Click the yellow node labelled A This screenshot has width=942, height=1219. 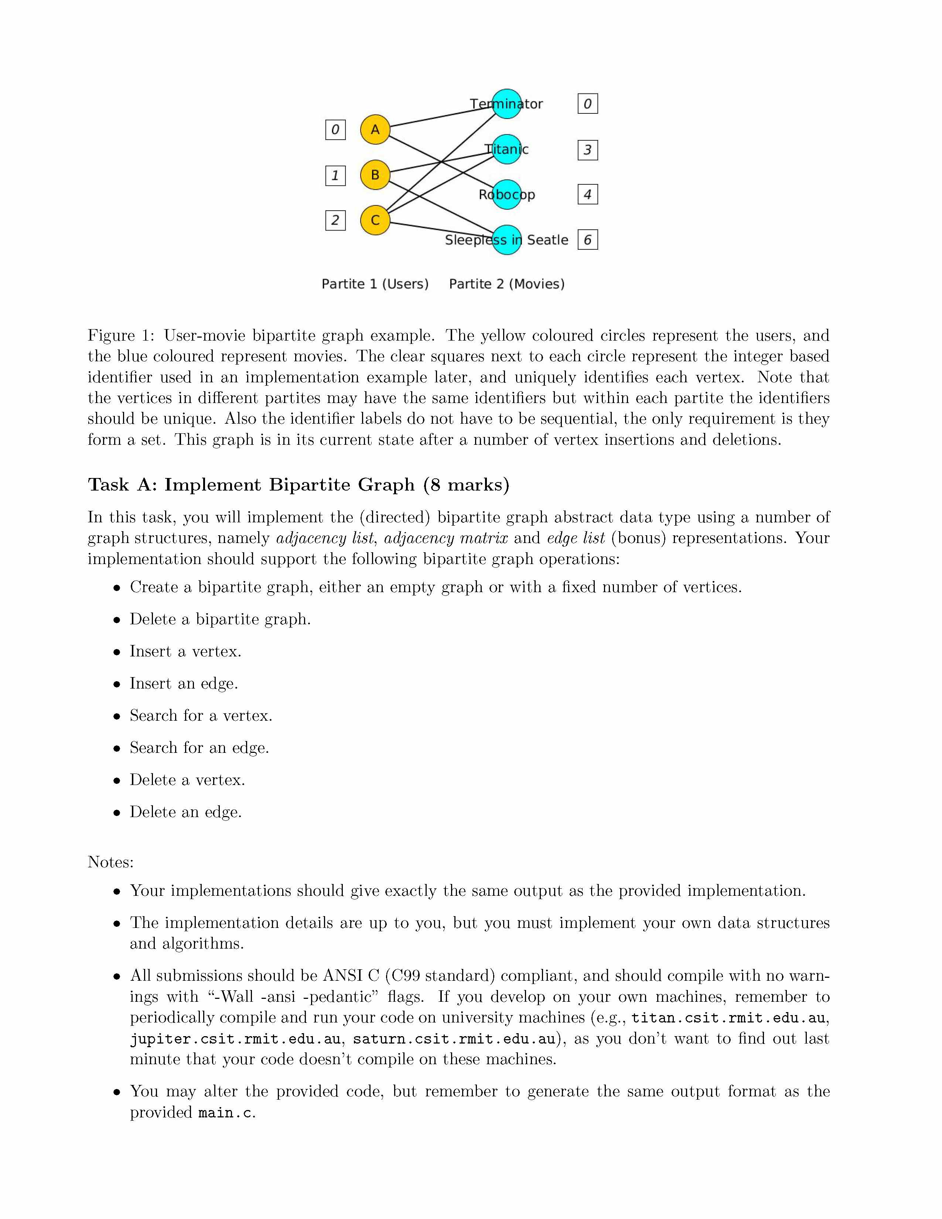tap(375, 130)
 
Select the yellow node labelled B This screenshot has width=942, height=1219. tap(375, 175)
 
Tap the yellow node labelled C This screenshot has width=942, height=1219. tap(375, 220)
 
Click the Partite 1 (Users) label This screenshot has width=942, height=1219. tap(375, 284)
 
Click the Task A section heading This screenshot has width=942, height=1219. tap(298, 485)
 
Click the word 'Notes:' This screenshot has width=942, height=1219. tap(110, 862)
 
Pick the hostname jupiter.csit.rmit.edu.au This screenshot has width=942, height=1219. tap(235, 1039)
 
